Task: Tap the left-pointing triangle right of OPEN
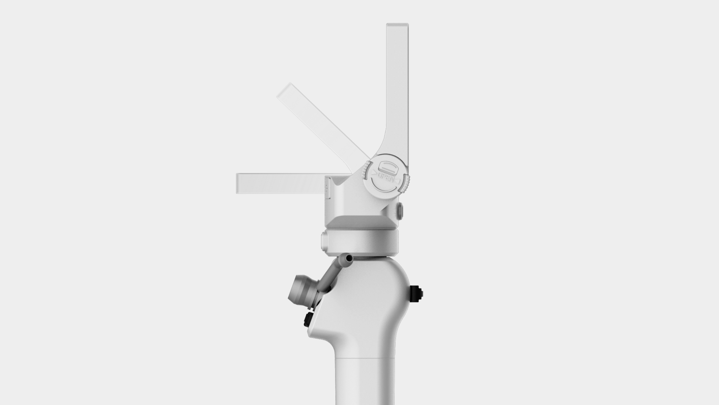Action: [398, 182]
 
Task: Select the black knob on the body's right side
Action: [417, 294]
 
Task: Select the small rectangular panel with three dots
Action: [328, 188]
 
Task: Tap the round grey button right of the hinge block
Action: [400, 211]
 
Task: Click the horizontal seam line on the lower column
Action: [365, 358]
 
